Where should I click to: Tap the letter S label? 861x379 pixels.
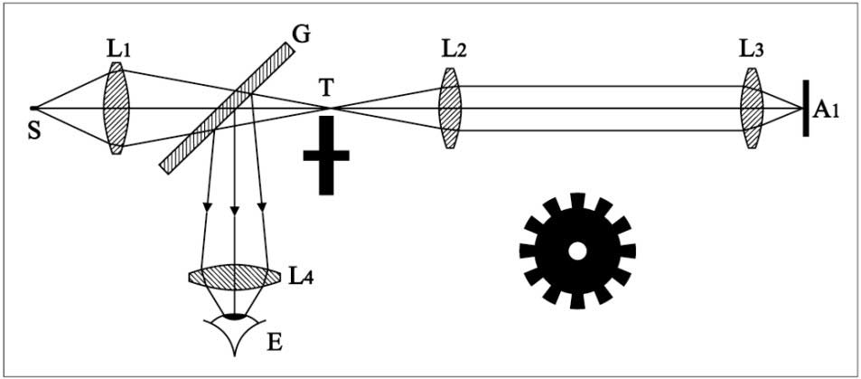pos(35,133)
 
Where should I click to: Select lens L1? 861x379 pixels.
pos(116,108)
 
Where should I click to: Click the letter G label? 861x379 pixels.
pos(302,33)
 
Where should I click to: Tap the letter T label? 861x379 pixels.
pos(325,86)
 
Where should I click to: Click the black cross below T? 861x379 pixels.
pos(326,155)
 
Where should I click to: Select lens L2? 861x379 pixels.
pos(450,108)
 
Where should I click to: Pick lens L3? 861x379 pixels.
pos(752,108)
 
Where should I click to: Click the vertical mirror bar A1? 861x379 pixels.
pos(806,108)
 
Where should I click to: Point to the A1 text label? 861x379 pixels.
pos(825,110)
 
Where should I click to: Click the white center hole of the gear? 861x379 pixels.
pos(576,251)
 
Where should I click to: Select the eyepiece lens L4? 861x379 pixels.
pos(235,277)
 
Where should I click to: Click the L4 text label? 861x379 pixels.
pos(302,277)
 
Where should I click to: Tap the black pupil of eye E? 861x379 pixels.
pos(235,317)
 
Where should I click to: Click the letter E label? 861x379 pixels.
pos(274,343)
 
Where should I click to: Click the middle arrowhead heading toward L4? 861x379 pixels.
pos(235,212)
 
